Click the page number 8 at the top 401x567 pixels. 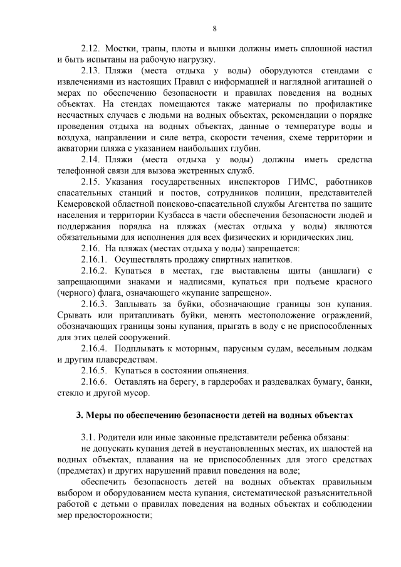point(215,29)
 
